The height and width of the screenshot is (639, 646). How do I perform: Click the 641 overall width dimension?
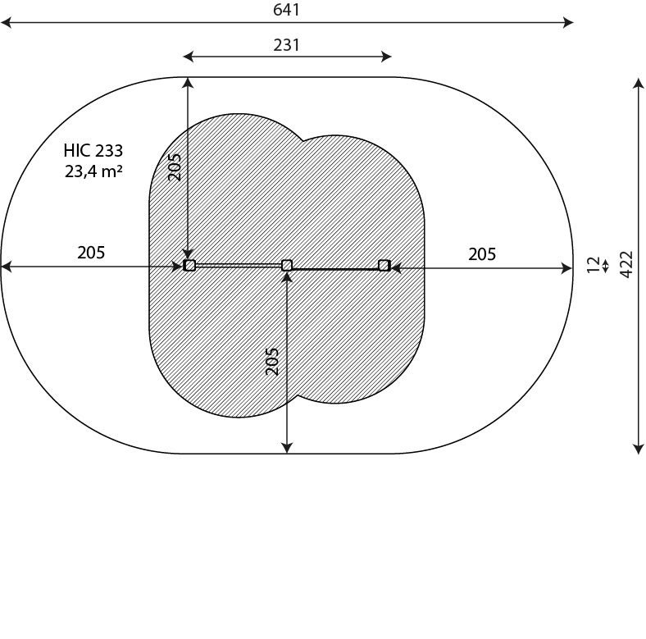(286, 10)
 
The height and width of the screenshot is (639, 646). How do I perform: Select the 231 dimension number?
(286, 45)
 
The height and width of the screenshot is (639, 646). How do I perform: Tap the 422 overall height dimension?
(626, 264)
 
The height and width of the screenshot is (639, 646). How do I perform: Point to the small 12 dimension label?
(594, 264)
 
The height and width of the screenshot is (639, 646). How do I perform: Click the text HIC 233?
(93, 151)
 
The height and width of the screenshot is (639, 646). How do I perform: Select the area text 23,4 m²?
(93, 171)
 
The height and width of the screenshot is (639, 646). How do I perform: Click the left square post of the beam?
(189, 265)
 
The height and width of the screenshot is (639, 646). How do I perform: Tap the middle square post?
(287, 265)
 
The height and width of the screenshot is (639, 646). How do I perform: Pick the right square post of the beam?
(384, 265)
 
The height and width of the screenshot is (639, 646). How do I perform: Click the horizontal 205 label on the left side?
(91, 253)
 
